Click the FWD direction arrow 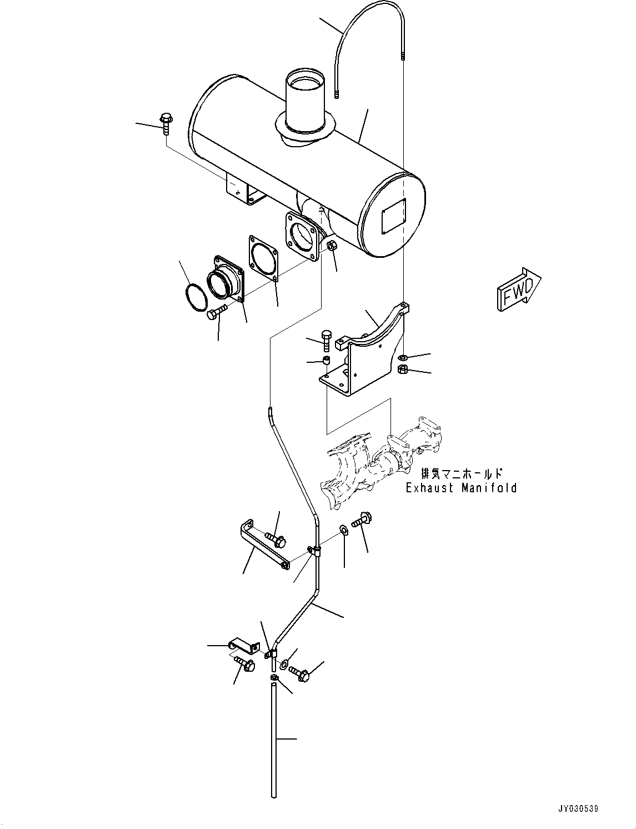519,289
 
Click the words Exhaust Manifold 461,488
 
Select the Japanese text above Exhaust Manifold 462,474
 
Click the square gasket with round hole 262,259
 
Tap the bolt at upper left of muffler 166,123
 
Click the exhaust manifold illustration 383,461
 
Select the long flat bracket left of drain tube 263,547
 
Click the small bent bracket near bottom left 243,646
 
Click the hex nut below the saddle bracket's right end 404,369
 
